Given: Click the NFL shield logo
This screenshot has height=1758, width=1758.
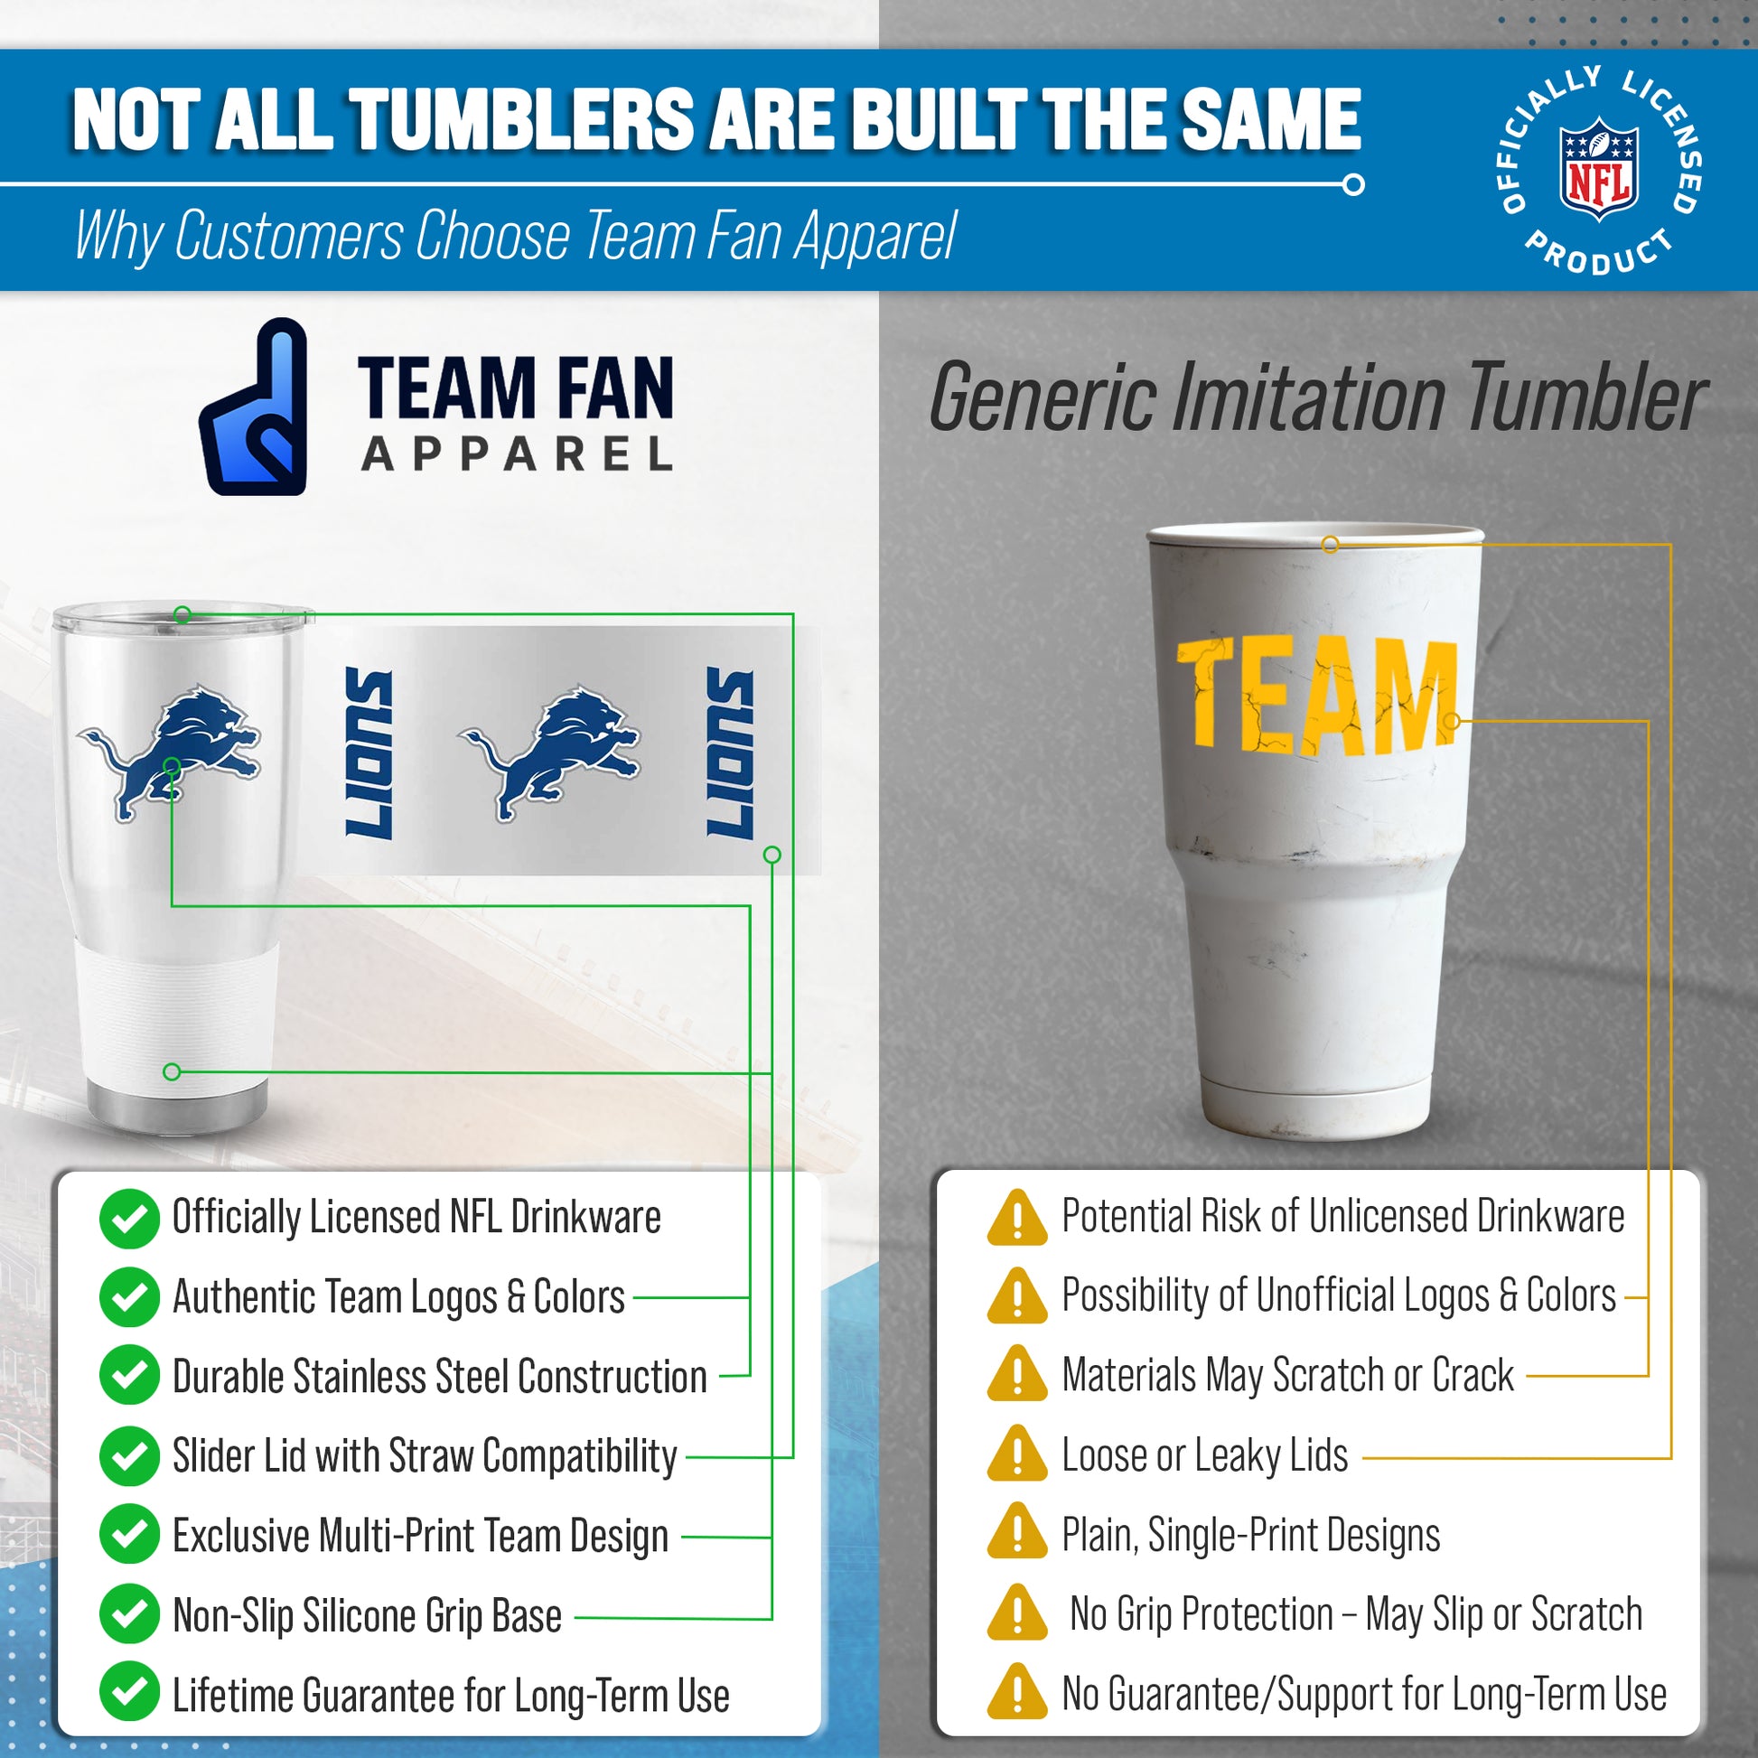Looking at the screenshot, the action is (x=1599, y=168).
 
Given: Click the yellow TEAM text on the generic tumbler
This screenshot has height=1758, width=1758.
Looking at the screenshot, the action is (x=1316, y=696).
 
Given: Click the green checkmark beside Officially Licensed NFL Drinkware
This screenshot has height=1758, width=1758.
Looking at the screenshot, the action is (x=129, y=1219).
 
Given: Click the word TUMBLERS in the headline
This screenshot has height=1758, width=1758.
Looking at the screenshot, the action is (x=519, y=119).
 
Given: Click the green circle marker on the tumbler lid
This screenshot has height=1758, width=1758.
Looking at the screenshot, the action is (x=182, y=615).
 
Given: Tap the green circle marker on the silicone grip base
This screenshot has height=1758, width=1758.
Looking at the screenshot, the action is (x=171, y=1072).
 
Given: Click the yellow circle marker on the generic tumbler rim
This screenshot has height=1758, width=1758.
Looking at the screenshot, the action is (x=1331, y=545).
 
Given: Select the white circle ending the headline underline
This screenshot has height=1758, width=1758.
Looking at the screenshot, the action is (x=1353, y=184).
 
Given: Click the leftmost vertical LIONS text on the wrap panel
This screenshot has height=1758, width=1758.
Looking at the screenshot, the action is (x=369, y=753).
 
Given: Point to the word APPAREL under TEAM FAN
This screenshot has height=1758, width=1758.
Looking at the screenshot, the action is (x=518, y=454).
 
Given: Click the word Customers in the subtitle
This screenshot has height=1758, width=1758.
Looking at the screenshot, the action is (x=288, y=236).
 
